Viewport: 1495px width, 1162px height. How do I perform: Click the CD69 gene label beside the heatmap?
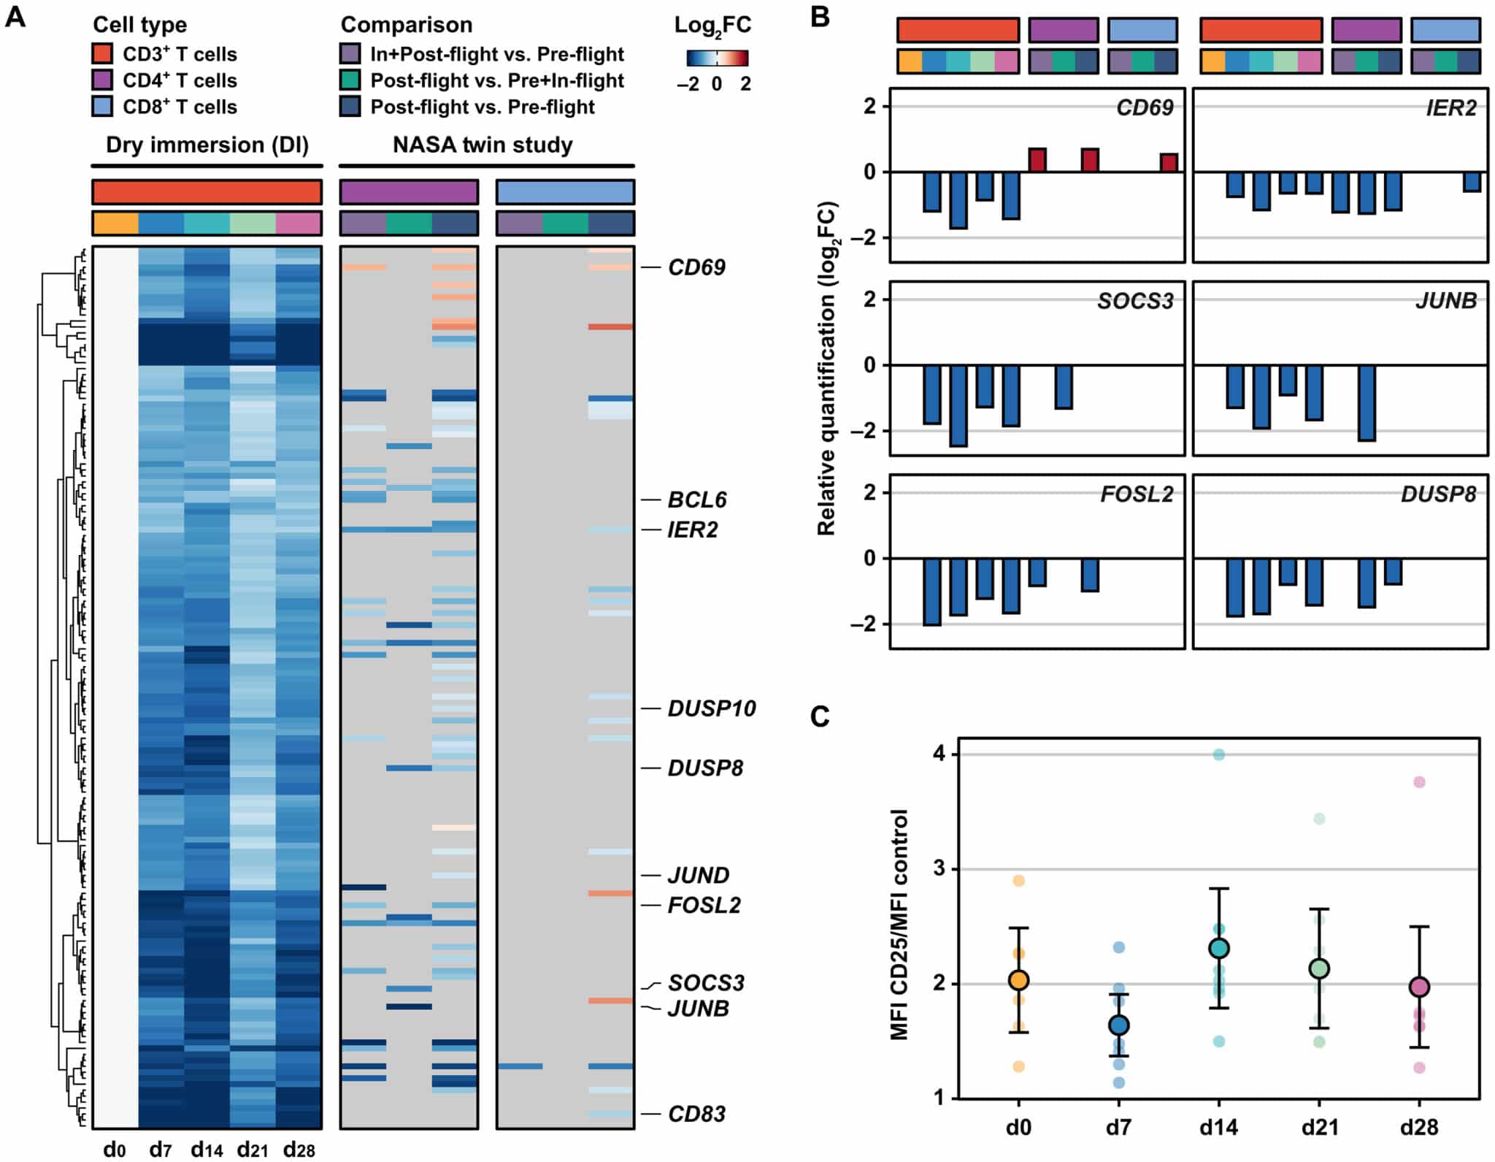pos(696,267)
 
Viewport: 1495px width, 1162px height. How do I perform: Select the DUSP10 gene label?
pos(712,708)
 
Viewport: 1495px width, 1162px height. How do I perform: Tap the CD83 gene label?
pos(696,1114)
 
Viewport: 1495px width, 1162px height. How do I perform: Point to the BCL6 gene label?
pos(697,500)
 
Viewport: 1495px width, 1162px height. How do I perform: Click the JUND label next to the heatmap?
pos(699,875)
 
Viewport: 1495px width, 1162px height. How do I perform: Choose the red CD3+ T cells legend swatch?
pos(103,54)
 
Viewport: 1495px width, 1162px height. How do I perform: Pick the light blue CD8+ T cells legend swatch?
pos(103,107)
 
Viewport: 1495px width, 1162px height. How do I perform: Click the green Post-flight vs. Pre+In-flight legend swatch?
pos(351,80)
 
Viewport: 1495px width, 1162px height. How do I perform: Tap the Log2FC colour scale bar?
pos(717,58)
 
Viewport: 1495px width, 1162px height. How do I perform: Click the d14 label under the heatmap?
pos(207,1150)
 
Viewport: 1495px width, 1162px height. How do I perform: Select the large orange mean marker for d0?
pos(1018,980)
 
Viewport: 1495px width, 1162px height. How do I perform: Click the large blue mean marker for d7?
pos(1119,1025)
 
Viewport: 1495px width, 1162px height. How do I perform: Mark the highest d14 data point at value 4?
pos(1219,754)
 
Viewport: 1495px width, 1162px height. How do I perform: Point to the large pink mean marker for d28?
pos(1419,987)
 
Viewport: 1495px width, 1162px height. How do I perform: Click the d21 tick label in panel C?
pos(1319,1128)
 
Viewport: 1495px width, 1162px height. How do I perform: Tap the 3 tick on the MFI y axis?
pos(939,869)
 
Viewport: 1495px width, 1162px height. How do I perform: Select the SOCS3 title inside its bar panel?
pos(1135,302)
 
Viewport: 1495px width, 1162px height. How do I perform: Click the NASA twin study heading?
pos(483,145)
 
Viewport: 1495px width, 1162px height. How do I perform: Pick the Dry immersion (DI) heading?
pos(207,145)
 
